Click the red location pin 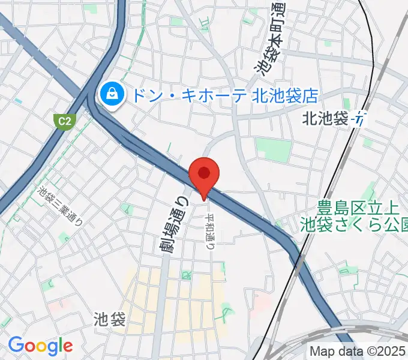[x=204, y=174]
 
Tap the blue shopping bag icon [x=112, y=94]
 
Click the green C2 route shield [x=62, y=121]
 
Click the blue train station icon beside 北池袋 [x=360, y=119]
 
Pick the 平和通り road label [x=211, y=226]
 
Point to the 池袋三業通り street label [x=59, y=206]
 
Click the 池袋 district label [x=110, y=319]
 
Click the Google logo [x=40, y=346]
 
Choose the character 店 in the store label [x=310, y=94]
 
